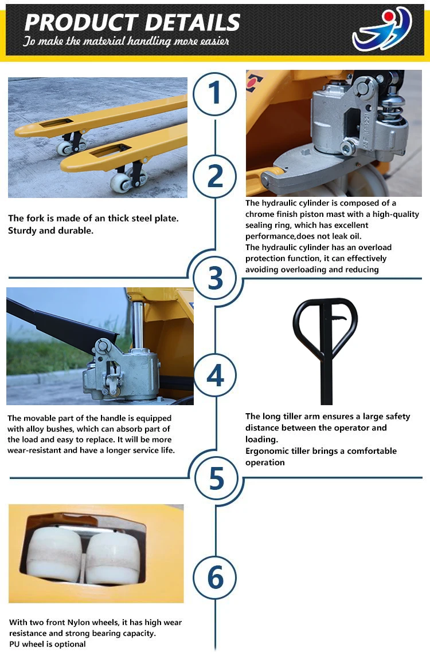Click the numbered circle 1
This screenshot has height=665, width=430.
[214, 94]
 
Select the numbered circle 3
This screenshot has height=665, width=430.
[216, 278]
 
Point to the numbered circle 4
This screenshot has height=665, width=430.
[216, 375]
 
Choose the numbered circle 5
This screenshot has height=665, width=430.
[216, 478]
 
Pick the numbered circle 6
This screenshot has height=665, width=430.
[215, 577]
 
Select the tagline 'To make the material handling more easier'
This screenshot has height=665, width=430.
[126, 41]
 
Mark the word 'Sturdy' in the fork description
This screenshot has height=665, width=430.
[22, 231]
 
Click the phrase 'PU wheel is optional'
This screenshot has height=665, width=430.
[48, 644]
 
